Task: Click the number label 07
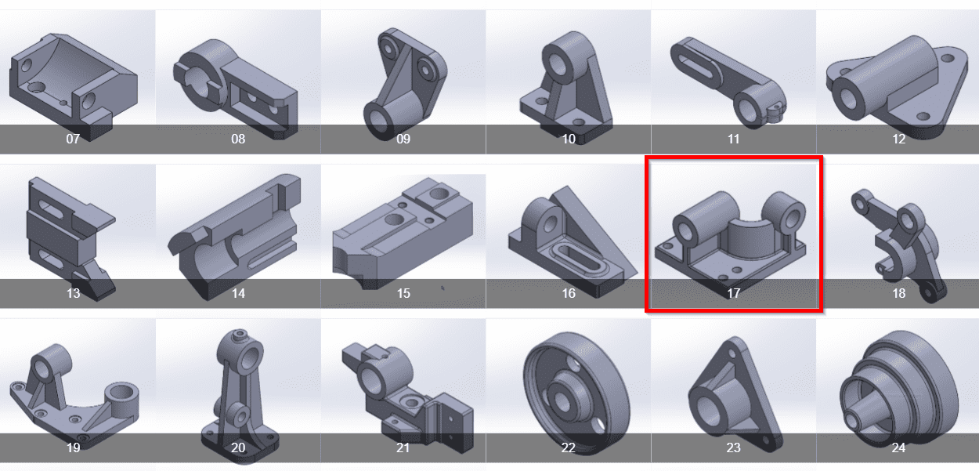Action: point(73,139)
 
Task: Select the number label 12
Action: point(898,139)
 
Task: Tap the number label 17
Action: point(733,293)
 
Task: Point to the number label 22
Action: point(568,447)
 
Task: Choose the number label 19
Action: point(73,447)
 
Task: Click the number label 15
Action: point(403,293)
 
